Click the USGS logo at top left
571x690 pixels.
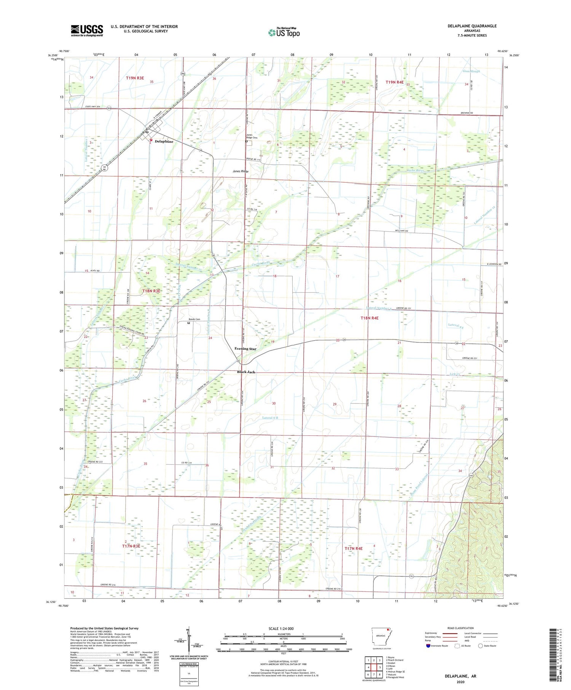(87, 30)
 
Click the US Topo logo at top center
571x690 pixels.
(284, 32)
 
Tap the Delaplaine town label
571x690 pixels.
(164, 142)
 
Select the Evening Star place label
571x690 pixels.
(245, 349)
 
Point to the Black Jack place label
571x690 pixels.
(246, 372)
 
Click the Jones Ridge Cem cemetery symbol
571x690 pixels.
(246, 142)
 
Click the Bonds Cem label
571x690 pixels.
(195, 319)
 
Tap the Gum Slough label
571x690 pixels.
(471, 71)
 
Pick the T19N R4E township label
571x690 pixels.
(394, 82)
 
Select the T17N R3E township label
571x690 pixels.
(131, 546)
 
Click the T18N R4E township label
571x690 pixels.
(370, 318)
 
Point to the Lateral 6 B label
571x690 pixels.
(270, 418)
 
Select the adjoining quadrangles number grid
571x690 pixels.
(374, 667)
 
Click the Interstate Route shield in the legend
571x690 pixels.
(428, 645)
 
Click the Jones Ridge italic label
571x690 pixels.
(241, 171)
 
